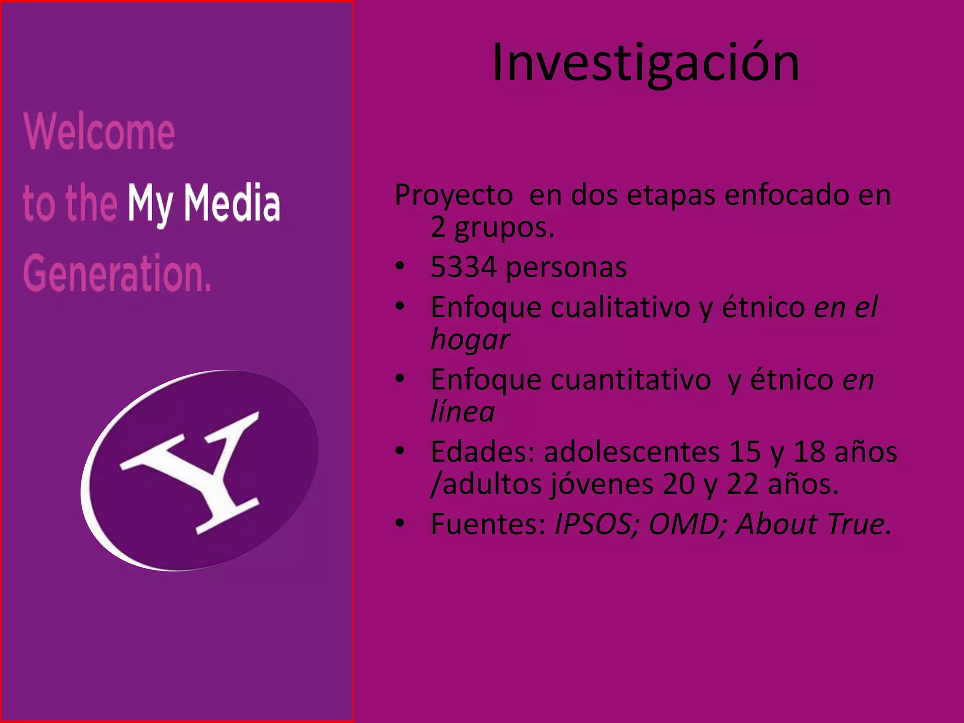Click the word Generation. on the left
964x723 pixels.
point(117,273)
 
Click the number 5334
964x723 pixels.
point(463,267)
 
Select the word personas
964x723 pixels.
point(566,267)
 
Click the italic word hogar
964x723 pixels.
point(470,339)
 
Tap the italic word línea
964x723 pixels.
point(462,412)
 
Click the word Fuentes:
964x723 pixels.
point(488,524)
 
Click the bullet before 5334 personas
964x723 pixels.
point(400,266)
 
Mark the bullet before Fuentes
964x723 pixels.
point(400,523)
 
